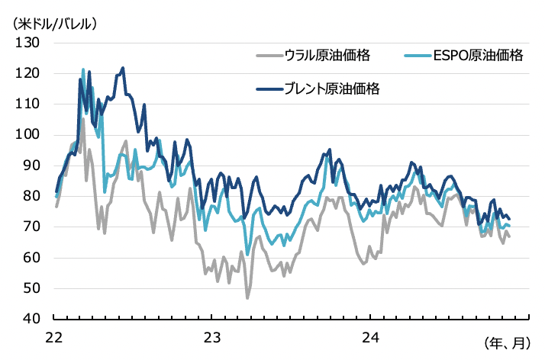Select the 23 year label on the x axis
(x=211, y=336)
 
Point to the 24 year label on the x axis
(x=369, y=336)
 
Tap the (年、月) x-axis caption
(x=506, y=342)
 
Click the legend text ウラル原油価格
(x=327, y=55)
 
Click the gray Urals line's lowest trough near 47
(x=247, y=297)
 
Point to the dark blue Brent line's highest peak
(x=123, y=68)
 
